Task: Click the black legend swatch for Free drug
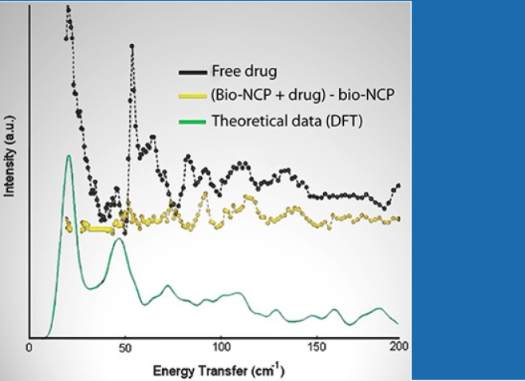coord(192,72)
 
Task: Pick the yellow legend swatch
coord(192,97)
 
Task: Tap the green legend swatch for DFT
coord(192,122)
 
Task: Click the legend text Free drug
coord(244,72)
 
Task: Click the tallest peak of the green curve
coord(69,156)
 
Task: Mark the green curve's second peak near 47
coord(118,239)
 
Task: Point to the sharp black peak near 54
coord(132,46)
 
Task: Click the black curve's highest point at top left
coord(68,9)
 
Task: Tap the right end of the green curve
coord(397,323)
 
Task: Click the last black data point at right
coord(397,186)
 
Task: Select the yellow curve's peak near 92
coord(205,194)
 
